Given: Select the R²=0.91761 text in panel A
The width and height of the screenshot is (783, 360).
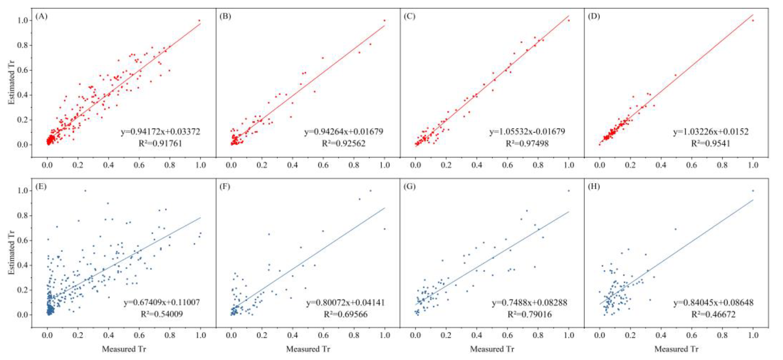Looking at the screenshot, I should tap(160, 144).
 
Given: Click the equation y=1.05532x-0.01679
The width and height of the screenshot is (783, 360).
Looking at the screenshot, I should tap(527, 132).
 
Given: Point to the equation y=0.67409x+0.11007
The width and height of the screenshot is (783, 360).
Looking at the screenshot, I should tap(162, 302).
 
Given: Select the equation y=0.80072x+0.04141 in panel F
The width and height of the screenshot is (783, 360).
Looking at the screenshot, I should tap(345, 303).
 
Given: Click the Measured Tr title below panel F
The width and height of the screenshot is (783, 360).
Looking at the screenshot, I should tap(308, 349).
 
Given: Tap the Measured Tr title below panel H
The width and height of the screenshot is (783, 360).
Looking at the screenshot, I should tap(676, 349).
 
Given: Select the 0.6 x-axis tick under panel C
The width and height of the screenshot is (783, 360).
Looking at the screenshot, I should tap(508, 165).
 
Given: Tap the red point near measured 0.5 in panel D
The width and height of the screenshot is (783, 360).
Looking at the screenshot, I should tap(676, 75).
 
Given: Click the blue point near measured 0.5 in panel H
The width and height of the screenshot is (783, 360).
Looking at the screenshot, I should tap(676, 229).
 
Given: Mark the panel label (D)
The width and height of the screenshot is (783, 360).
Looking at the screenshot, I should tap(594, 16).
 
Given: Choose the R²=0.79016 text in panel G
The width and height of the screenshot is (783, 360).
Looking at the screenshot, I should tap(530, 314).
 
